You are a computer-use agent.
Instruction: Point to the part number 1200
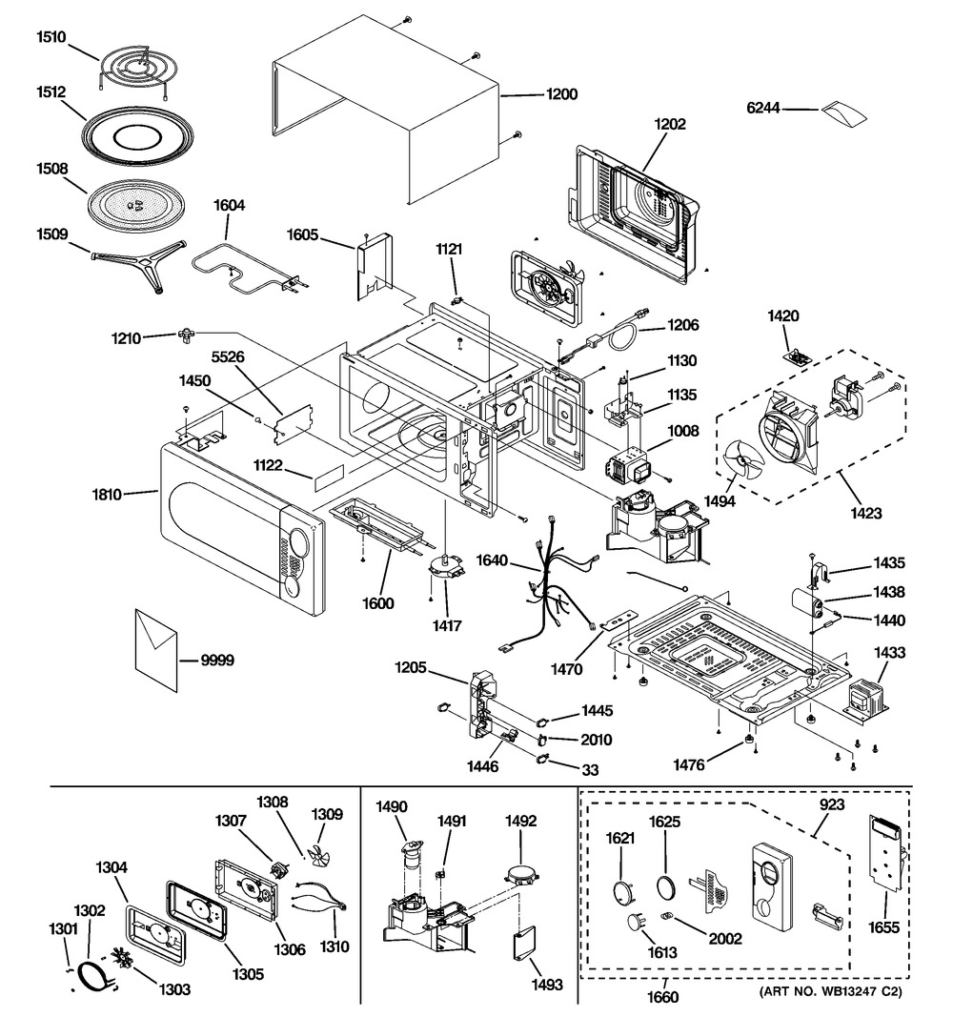point(561,94)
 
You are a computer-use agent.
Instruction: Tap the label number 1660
point(663,998)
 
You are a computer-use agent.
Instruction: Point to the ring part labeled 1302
point(92,975)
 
